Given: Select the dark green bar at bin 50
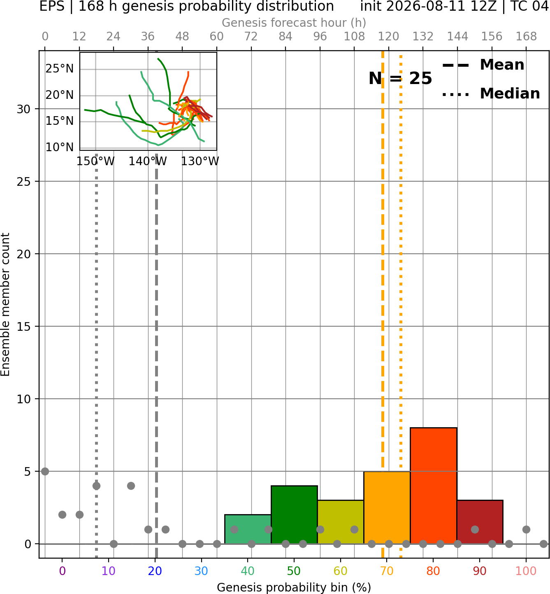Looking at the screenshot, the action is click(294, 514).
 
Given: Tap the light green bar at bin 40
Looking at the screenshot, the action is click(248, 529).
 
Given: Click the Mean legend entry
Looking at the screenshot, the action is click(483, 65).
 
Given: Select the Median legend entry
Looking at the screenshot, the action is click(491, 94).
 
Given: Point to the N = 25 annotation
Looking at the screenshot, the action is click(400, 78).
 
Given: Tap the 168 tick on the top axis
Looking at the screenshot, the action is click(526, 37).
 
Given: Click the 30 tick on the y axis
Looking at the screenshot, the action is click(24, 109).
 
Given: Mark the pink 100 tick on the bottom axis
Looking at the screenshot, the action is click(526, 571).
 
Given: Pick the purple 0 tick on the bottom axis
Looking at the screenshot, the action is click(62, 571).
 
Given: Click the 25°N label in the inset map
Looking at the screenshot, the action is click(60, 69).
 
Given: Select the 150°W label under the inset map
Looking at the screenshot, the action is click(95, 161).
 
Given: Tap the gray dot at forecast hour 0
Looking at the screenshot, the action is click(45, 471).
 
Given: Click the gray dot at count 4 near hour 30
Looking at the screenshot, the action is click(131, 486).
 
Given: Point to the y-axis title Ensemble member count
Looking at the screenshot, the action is click(5, 304).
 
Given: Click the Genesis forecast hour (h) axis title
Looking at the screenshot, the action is click(294, 23).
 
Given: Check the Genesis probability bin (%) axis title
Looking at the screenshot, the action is click(294, 587).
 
